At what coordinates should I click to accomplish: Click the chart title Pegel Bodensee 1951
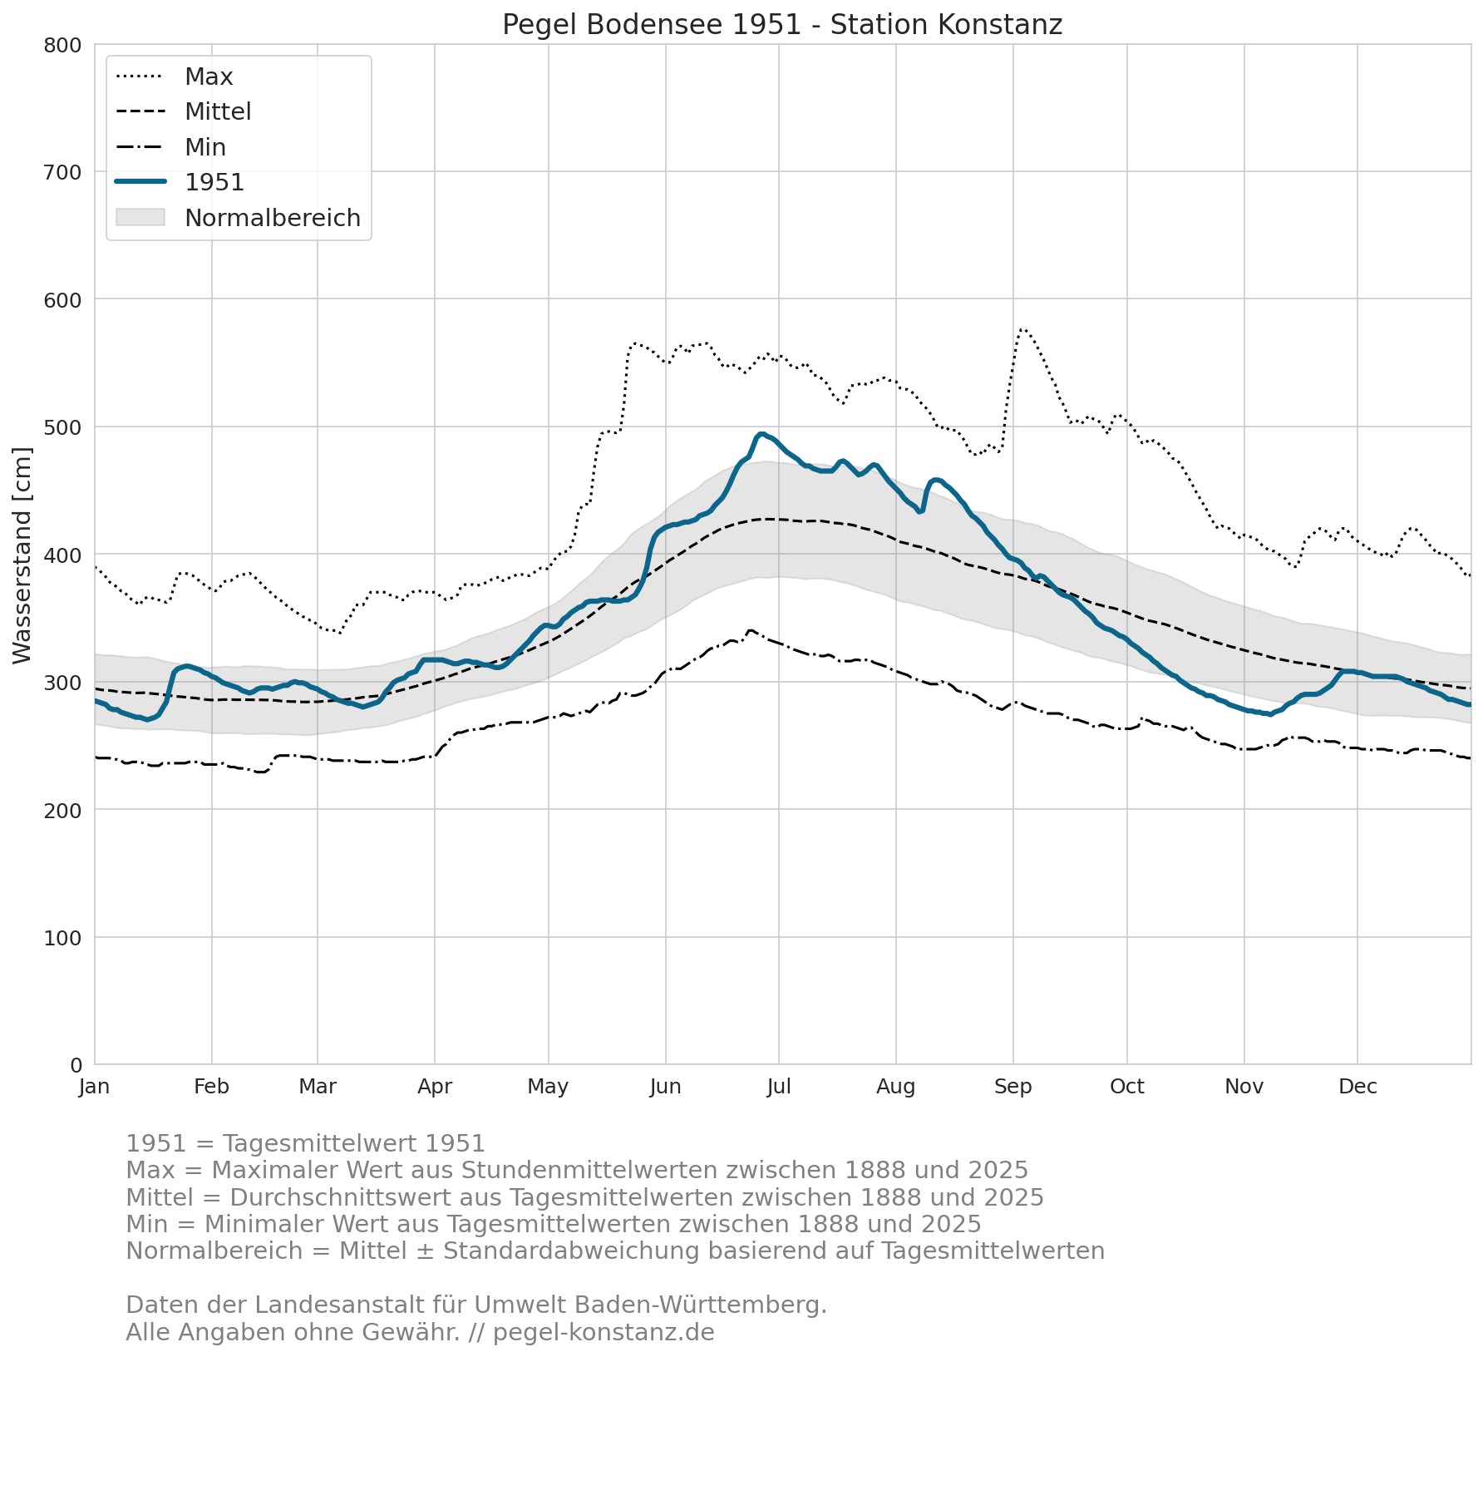coord(653,25)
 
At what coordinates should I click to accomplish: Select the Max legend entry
coord(175,76)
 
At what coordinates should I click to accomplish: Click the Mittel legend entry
coord(183,111)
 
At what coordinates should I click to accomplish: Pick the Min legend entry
coord(171,147)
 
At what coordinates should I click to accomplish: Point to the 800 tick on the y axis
coord(62,45)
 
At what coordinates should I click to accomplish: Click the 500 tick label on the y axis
coord(62,427)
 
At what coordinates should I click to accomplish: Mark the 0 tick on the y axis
coord(76,1065)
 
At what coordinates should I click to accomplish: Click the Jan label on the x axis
coord(95,1087)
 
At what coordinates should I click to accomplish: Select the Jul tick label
coord(779,1087)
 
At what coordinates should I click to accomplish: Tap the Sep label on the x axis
coord(1013,1087)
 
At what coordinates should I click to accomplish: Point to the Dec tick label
coord(1357,1087)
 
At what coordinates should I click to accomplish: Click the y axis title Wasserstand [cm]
coord(22,555)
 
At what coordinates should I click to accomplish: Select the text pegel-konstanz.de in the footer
coord(604,1332)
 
